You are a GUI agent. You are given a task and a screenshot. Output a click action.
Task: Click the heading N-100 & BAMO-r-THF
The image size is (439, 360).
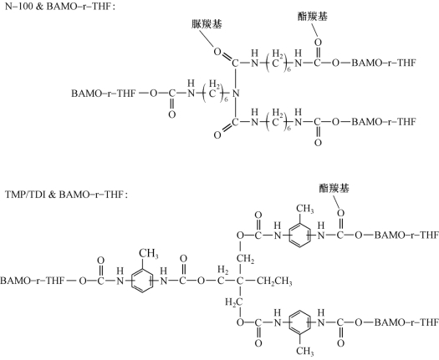[60, 7]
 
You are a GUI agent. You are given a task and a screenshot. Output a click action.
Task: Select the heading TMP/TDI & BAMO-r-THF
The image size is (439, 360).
[66, 195]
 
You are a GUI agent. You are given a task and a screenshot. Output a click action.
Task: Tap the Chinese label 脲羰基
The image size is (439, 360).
[207, 24]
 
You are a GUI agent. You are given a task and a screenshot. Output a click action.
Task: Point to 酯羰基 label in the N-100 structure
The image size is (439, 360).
[312, 16]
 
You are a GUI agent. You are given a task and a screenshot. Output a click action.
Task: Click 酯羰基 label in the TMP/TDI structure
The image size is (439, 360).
[334, 188]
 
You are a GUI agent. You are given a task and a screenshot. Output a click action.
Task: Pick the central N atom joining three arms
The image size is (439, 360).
[236, 94]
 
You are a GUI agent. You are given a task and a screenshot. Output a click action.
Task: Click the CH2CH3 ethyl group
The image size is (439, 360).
[274, 281]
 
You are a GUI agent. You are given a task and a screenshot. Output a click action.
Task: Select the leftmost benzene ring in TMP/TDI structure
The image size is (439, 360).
[142, 281]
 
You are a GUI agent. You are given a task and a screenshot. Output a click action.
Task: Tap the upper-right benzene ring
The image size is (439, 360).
[300, 236]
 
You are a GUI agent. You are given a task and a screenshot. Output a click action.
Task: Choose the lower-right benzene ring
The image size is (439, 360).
[300, 322]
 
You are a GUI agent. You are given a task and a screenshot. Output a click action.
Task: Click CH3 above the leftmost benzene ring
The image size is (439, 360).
[149, 254]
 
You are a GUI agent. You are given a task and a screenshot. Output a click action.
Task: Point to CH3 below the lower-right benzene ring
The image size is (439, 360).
[305, 351]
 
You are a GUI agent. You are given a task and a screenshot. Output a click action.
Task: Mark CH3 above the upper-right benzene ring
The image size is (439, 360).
[305, 209]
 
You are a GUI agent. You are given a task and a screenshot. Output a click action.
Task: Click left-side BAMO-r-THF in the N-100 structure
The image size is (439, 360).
[104, 94]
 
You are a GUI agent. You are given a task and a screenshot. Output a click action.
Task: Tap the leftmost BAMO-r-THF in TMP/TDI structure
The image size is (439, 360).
[33, 281]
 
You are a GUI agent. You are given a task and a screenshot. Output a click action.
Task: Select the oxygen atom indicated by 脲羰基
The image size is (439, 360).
[217, 52]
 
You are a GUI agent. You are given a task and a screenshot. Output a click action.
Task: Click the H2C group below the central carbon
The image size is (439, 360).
[234, 302]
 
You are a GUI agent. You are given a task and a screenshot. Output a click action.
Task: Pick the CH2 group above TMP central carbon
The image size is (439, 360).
[246, 259]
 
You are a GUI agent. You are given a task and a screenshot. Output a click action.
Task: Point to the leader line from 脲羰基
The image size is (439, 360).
[206, 38]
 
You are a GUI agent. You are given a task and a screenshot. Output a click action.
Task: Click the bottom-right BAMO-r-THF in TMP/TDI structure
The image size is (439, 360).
[406, 322]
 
